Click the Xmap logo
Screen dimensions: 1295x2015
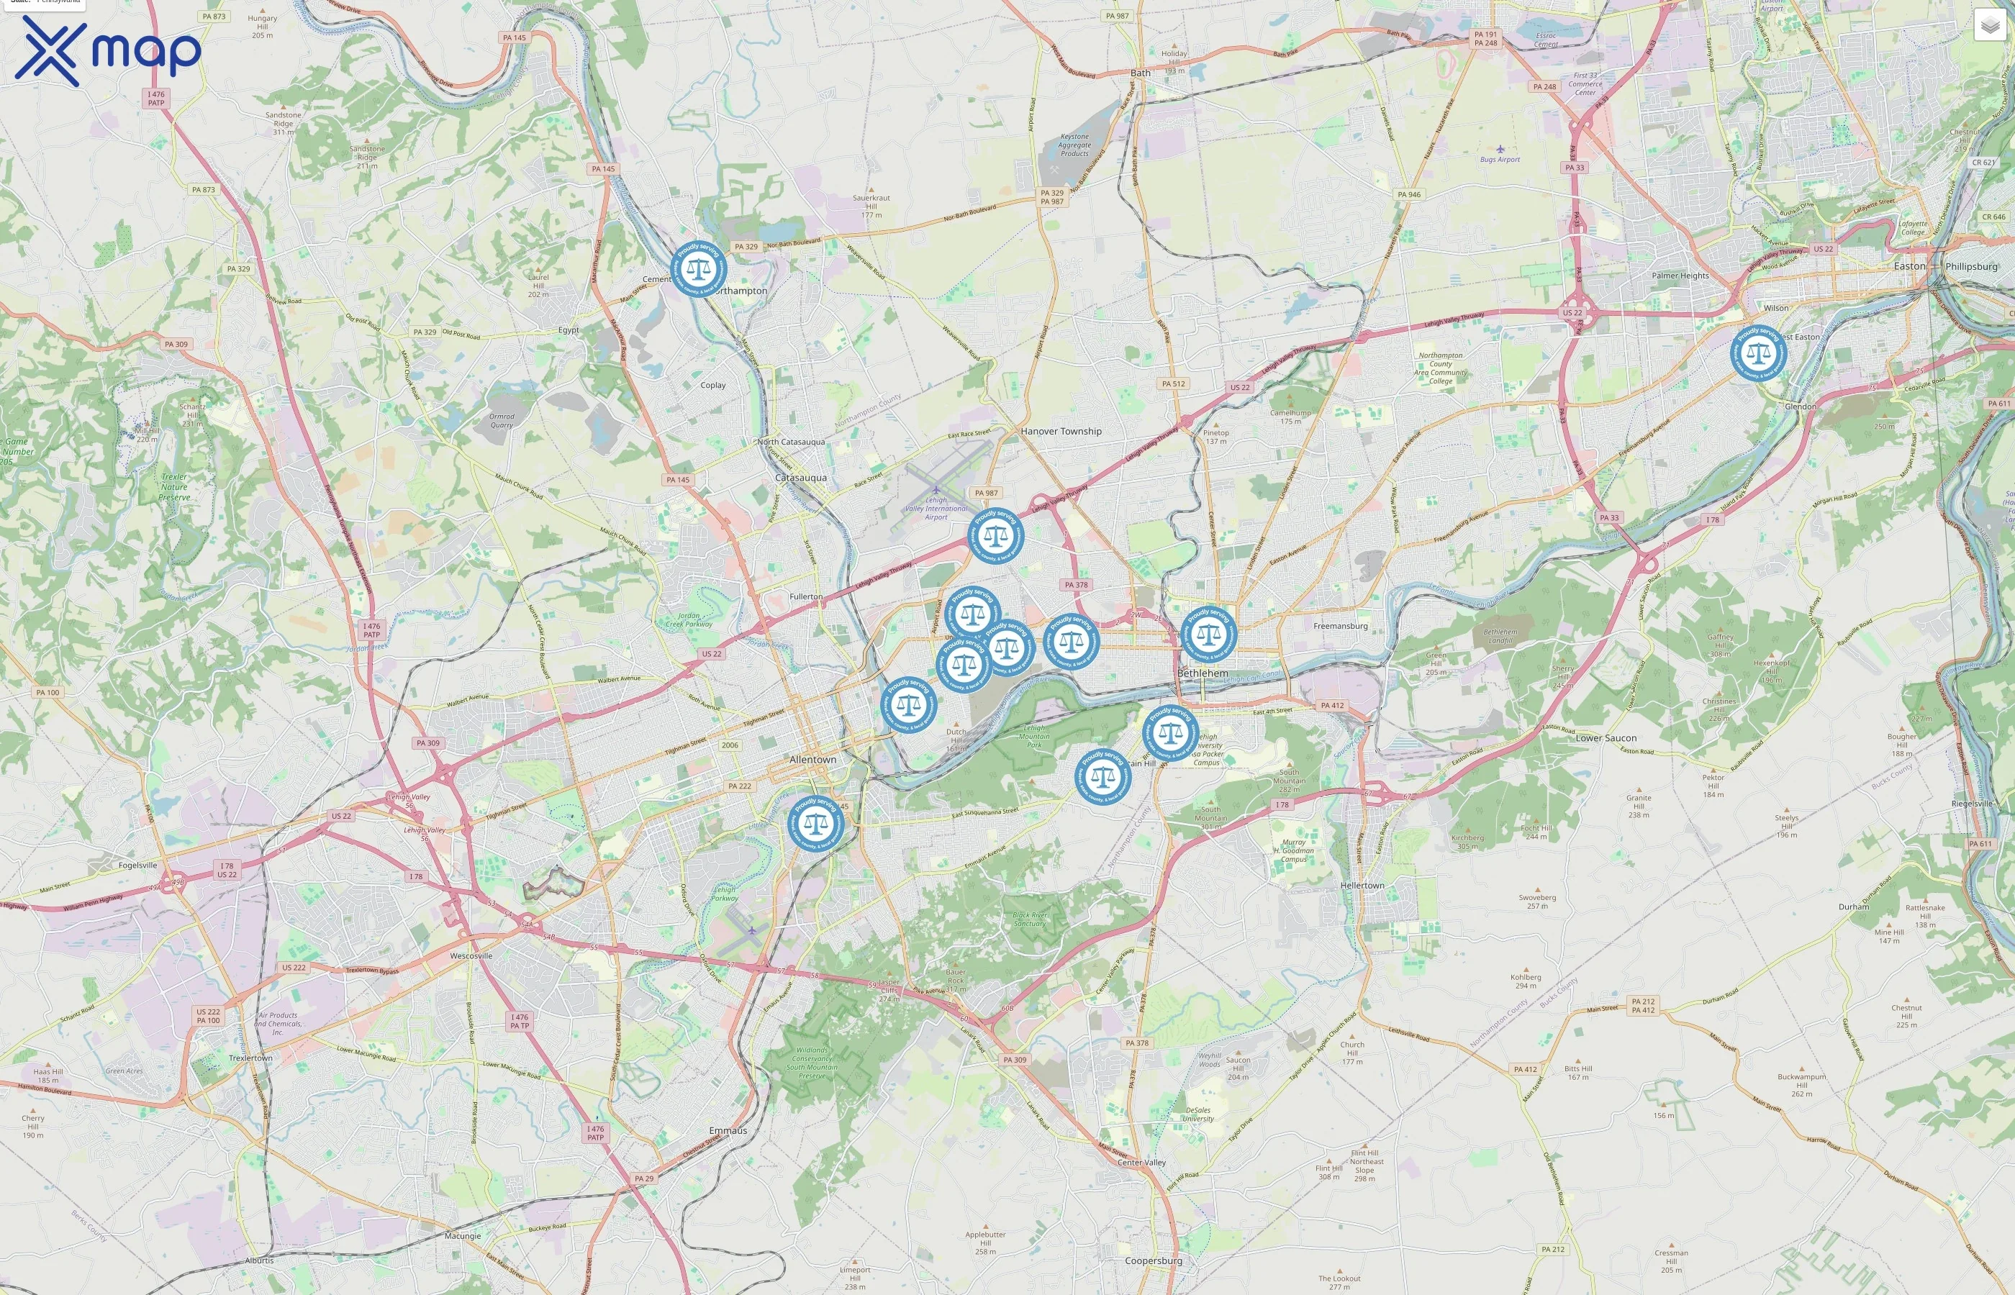[x=108, y=50]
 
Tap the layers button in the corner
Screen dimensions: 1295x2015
[x=1989, y=25]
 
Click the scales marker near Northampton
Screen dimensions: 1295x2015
[x=698, y=270]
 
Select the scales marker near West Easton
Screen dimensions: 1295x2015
[x=1757, y=353]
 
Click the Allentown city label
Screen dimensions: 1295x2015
[x=812, y=759]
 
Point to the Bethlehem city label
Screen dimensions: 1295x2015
[x=1202, y=673]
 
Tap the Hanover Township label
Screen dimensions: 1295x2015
[x=1061, y=432]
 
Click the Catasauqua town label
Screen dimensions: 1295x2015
[x=801, y=478]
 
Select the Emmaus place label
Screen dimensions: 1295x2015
[x=728, y=1131]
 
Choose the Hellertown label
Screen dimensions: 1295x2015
[x=1362, y=886]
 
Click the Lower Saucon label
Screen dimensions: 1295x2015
[x=1606, y=738]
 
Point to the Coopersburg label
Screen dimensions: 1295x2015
[x=1153, y=1260]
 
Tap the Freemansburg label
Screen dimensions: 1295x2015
[x=1341, y=626]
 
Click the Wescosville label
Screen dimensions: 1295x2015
[x=471, y=956]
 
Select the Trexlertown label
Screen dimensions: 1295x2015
[x=250, y=1058]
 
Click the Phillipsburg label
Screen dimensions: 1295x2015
[x=1970, y=267]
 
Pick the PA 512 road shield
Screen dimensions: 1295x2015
[x=1173, y=383]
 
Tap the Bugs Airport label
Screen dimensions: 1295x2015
[x=1500, y=159]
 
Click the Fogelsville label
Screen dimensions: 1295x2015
[x=138, y=865]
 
